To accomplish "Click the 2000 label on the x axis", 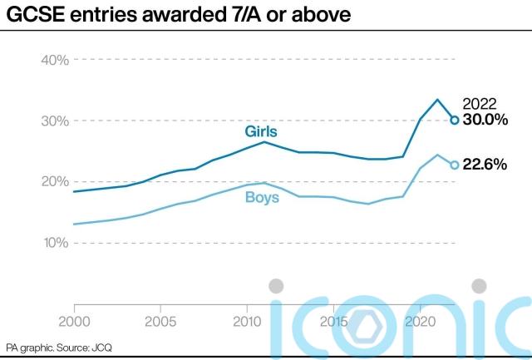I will tap(74, 321).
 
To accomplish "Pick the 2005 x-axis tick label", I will tap(160, 321).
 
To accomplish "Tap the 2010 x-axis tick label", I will tap(247, 321).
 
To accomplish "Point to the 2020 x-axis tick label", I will tap(420, 321).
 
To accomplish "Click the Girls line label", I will tap(261, 132).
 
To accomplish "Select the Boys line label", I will tap(262, 197).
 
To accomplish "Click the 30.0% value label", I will tap(485, 120).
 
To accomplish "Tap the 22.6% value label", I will tap(485, 165).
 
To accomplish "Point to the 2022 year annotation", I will tap(480, 104).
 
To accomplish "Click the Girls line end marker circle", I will tap(455, 120).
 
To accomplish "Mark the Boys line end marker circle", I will tap(455, 165).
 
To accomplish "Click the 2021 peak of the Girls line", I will tap(437, 100).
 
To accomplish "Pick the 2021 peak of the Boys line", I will tap(437, 155).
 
